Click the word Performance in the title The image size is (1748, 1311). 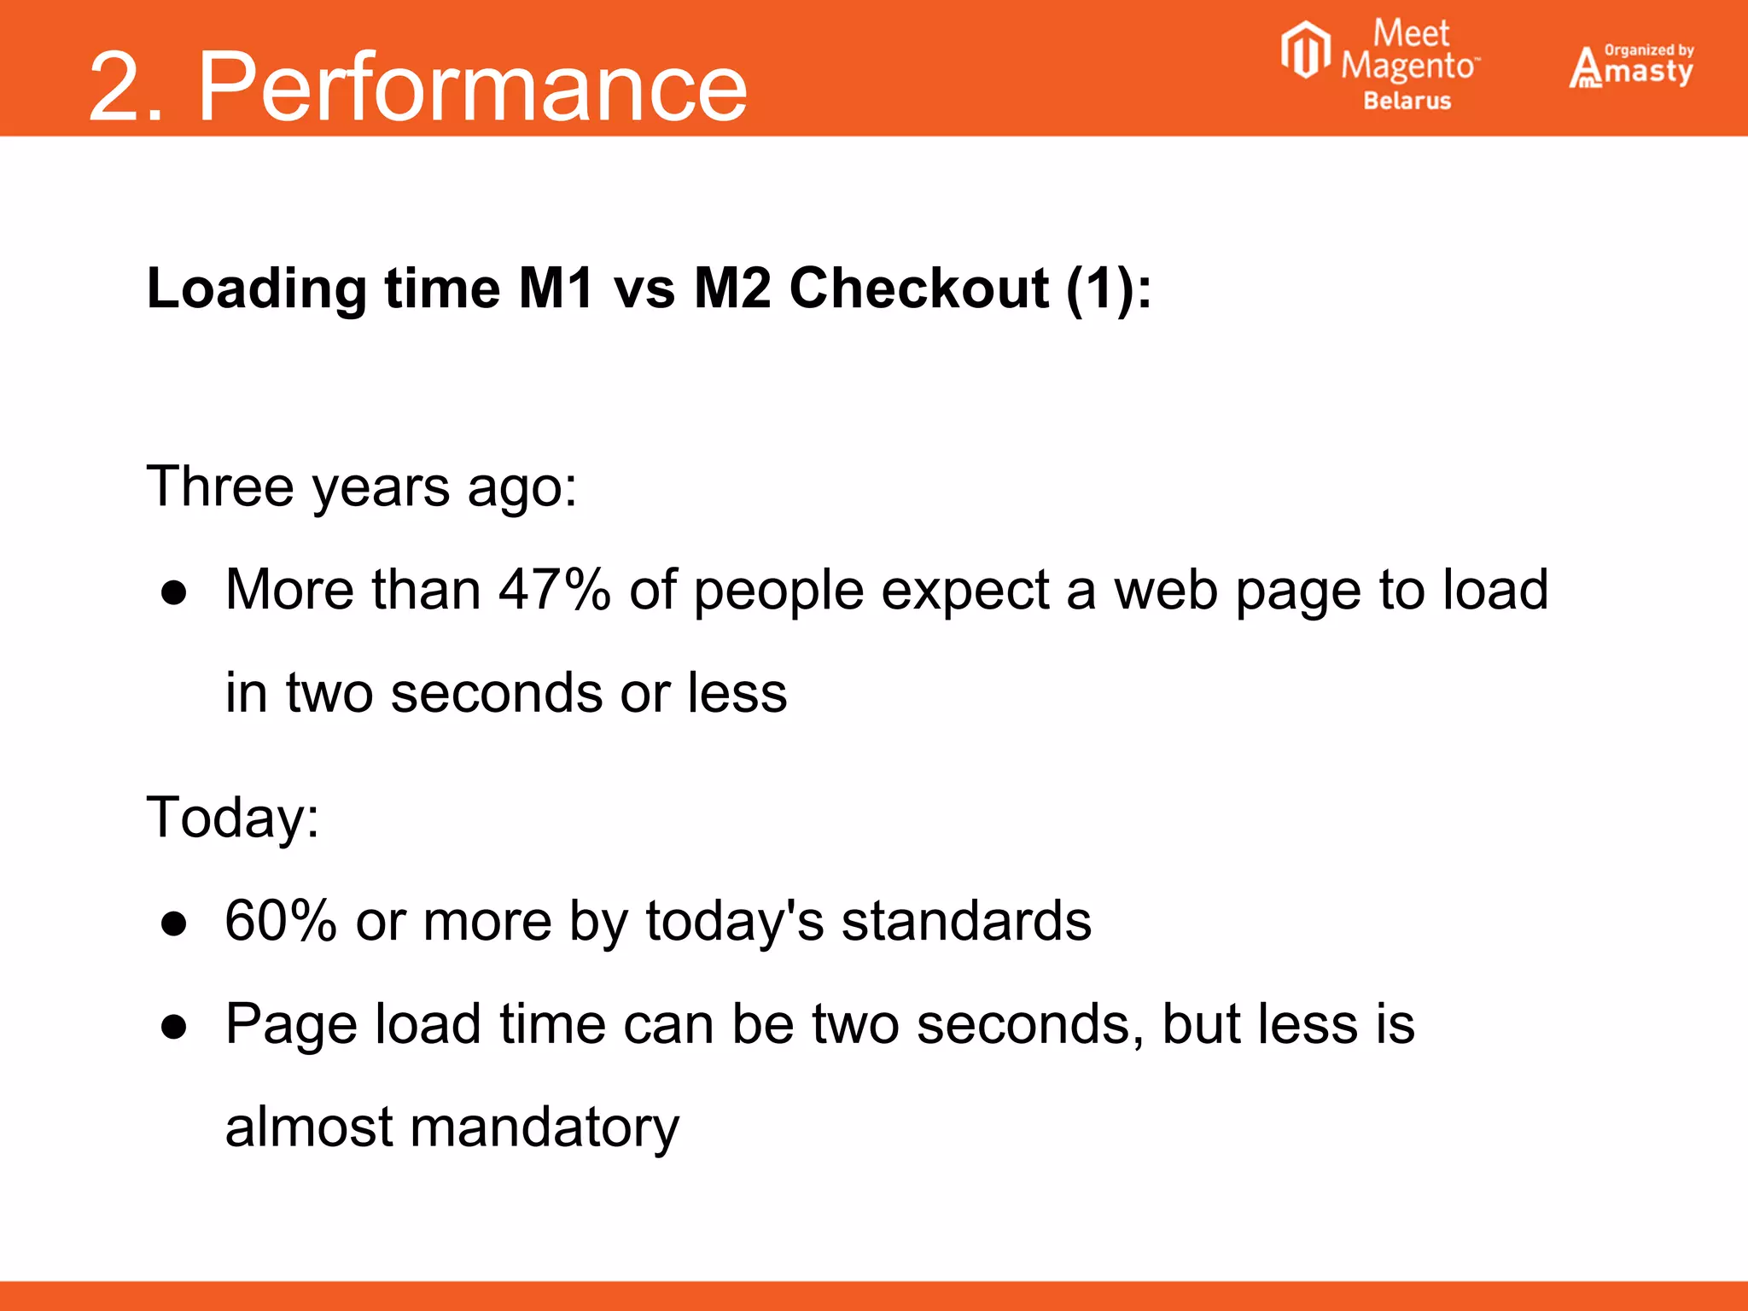coord(472,87)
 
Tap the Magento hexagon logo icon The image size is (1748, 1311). coord(1305,50)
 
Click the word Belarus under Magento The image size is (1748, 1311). coord(1407,101)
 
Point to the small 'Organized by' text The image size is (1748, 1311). coord(1649,50)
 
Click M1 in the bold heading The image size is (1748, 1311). coord(556,288)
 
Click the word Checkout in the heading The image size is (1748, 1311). coord(918,288)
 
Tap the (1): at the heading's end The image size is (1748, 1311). coord(1109,288)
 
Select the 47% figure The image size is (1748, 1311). coord(555,590)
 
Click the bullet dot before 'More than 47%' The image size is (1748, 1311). coord(174,592)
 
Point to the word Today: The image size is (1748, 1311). coord(233,817)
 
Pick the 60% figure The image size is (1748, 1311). coord(281,920)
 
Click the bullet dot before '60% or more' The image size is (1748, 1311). coord(174,924)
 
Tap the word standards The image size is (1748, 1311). coord(966,920)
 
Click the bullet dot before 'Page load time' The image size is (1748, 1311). coord(174,1027)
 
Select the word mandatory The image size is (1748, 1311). coord(545,1127)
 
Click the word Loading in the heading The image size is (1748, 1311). coord(256,288)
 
